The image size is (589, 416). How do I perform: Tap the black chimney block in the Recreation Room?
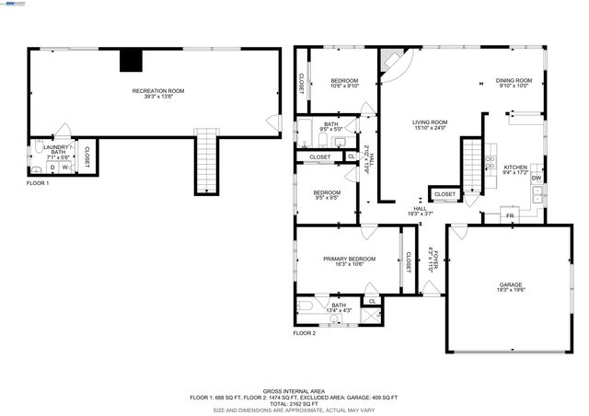coord(133,60)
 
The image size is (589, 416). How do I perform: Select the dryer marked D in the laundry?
coord(52,168)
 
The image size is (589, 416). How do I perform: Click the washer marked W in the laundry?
coord(65,168)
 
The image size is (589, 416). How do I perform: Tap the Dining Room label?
coord(514,81)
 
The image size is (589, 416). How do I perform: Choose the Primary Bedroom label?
coord(349,259)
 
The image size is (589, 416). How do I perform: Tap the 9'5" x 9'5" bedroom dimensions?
coord(327,197)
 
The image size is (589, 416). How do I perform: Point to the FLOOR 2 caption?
coord(305,332)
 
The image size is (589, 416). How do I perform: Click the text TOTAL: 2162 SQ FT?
coord(294,404)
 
